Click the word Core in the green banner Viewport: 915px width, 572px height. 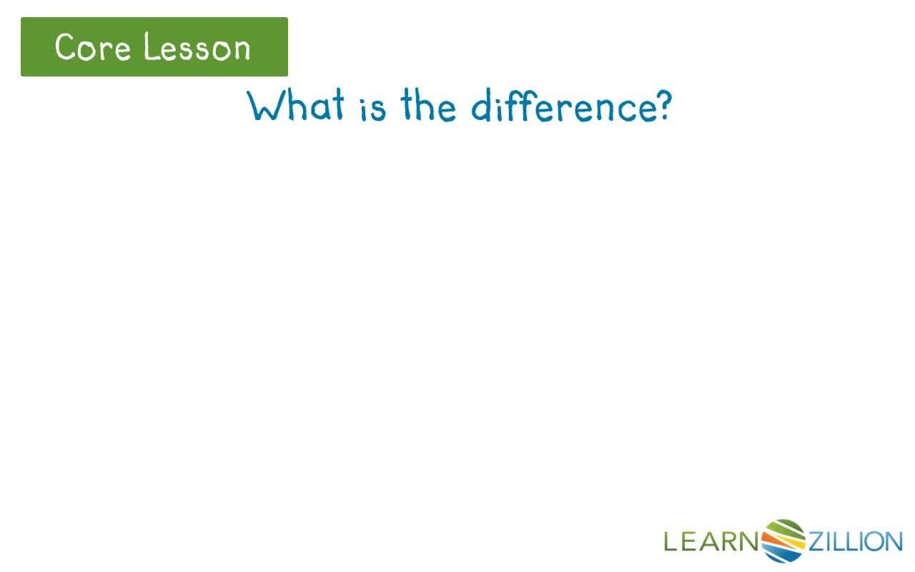91,47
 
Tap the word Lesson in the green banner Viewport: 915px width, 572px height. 197,47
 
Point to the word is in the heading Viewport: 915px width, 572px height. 373,109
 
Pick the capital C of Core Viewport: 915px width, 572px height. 66,47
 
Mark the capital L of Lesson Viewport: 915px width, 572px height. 149,47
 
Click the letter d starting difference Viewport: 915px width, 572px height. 483,107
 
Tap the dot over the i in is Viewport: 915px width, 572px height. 364,96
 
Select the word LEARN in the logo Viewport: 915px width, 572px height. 711,541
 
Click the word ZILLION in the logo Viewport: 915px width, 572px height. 855,541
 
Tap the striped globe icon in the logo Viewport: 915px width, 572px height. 783,540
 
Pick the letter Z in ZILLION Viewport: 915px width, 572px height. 816,541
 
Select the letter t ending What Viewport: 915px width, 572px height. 337,107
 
